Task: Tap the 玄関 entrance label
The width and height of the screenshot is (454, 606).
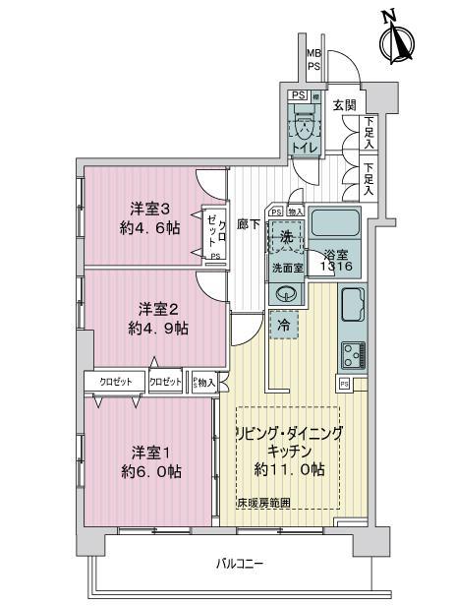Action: (343, 105)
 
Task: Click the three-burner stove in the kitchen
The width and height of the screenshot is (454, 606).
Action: (353, 353)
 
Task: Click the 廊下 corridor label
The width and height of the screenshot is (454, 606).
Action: (249, 224)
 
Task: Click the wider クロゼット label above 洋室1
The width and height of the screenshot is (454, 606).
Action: (115, 381)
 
